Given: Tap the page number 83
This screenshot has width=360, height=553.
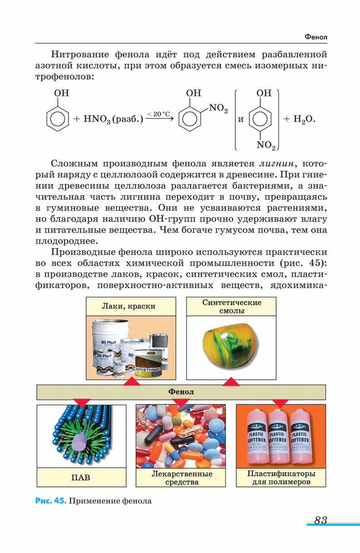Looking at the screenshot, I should tap(320, 520).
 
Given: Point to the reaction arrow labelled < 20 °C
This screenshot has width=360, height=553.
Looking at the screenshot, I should tap(159, 119).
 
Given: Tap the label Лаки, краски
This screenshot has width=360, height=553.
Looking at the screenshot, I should tap(131, 306).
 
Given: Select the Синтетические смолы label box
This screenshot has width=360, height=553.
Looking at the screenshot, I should tap(232, 307).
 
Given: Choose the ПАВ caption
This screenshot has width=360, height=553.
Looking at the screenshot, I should tap(81, 477).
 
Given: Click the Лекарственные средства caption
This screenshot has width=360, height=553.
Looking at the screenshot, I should tap(181, 478).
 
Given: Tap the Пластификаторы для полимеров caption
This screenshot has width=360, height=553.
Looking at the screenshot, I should tap(281, 477).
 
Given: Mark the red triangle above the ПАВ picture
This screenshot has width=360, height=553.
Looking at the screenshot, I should tap(82, 402).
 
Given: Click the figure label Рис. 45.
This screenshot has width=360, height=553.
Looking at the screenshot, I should tap(50, 501).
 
